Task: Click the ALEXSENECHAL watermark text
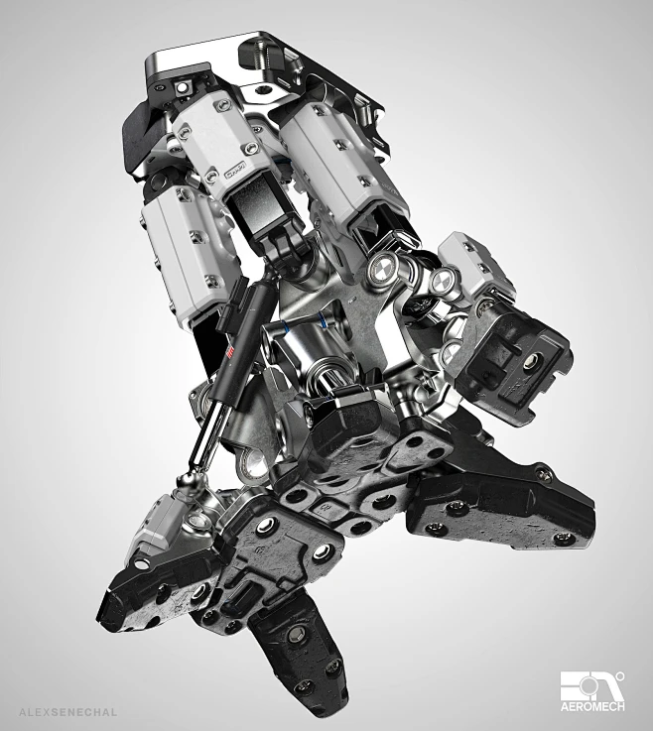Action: (x=66, y=710)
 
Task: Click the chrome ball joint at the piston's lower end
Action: (x=187, y=484)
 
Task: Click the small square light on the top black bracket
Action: (x=186, y=91)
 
